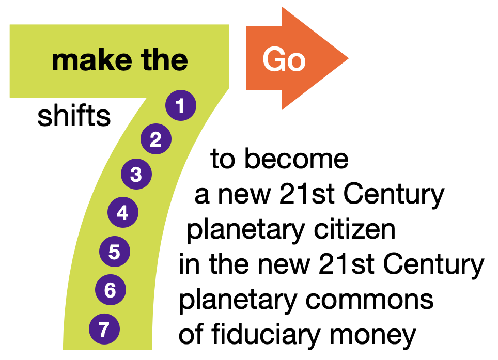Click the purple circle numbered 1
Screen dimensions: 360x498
[x=181, y=105]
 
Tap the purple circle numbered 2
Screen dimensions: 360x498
[x=156, y=139]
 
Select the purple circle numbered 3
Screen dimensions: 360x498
[x=136, y=174]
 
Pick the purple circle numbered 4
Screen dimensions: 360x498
[x=123, y=212]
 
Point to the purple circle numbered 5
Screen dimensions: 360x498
[x=115, y=252]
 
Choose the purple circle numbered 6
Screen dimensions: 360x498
[x=111, y=290]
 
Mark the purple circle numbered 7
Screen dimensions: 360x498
[x=104, y=329]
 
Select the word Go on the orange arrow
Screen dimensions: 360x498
[x=284, y=59]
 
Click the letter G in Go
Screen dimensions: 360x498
[x=274, y=59]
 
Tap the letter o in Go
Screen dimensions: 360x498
[x=296, y=62]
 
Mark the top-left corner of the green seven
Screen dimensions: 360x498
[x=10, y=25]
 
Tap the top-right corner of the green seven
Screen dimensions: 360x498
[x=228, y=25]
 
